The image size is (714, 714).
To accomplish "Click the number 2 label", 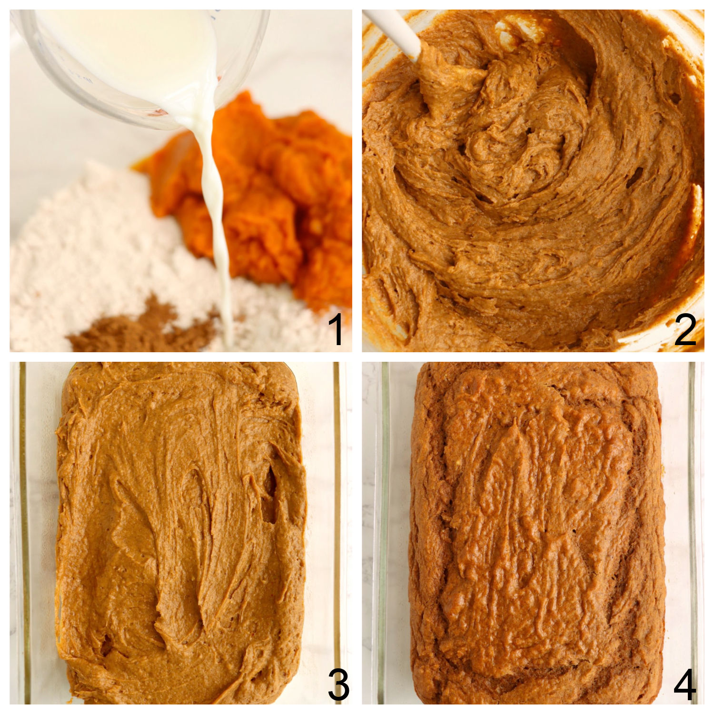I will click(x=685, y=330).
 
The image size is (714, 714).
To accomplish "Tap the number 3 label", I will click(x=338, y=685).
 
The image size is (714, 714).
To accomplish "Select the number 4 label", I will click(x=685, y=685).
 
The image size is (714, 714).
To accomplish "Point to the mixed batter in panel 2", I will click(x=533, y=190).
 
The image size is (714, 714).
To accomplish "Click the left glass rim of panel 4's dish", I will click(x=384, y=524).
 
